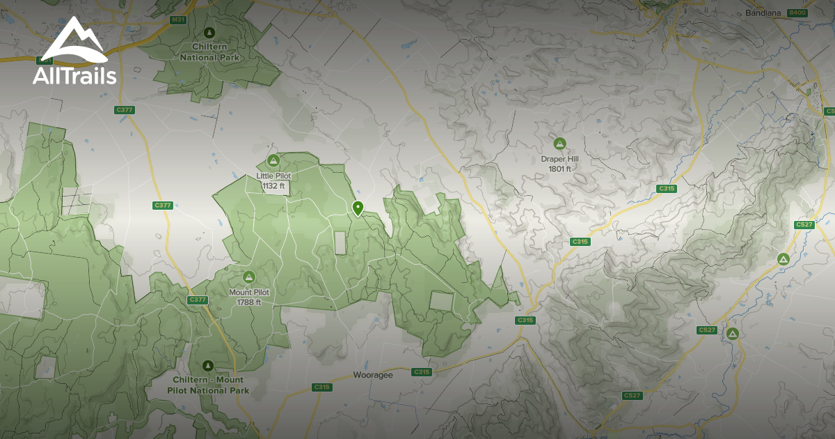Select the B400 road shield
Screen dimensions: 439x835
(797, 13)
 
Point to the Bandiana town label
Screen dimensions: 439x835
(763, 13)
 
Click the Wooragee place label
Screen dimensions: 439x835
(374, 375)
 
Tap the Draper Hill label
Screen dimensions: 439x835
(559, 159)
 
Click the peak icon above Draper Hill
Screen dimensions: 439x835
(559, 144)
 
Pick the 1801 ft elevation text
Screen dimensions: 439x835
(559, 169)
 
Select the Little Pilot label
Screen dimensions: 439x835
(273, 176)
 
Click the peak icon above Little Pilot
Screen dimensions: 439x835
(273, 161)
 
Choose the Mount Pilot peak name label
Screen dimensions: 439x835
(249, 293)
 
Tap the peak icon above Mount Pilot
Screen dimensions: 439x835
(248, 277)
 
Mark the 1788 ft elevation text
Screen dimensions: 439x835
(249, 302)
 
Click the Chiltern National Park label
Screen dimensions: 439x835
(209, 52)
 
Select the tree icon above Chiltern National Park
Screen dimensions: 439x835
(209, 32)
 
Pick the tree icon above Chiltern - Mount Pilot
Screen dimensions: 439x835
(207, 365)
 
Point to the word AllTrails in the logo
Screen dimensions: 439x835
(74, 76)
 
